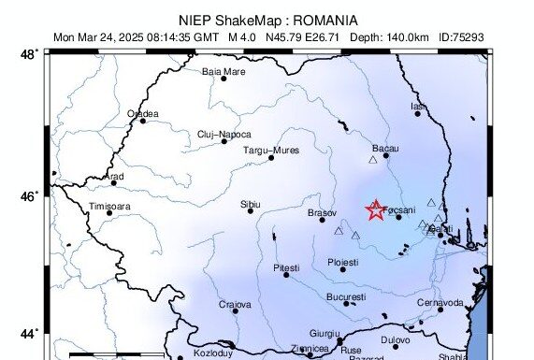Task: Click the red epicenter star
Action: pyautogui.click(x=375, y=210)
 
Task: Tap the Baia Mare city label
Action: pyautogui.click(x=224, y=71)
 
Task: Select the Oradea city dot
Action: pyautogui.click(x=142, y=121)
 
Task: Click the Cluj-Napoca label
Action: pyautogui.click(x=224, y=134)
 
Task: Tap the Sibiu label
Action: pyautogui.click(x=251, y=203)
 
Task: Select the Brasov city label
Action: pyautogui.click(x=322, y=213)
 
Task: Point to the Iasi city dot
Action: pyautogui.click(x=418, y=113)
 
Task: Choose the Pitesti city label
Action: pyautogui.click(x=285, y=267)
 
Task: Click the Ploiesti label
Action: pyautogui.click(x=343, y=263)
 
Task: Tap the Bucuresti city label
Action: pyautogui.click(x=346, y=295)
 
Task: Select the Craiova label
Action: pyautogui.click(x=236, y=304)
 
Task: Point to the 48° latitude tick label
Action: pyautogui.click(x=30, y=54)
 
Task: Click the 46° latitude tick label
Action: pyautogui.click(x=30, y=195)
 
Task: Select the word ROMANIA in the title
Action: pyautogui.click(x=325, y=20)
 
